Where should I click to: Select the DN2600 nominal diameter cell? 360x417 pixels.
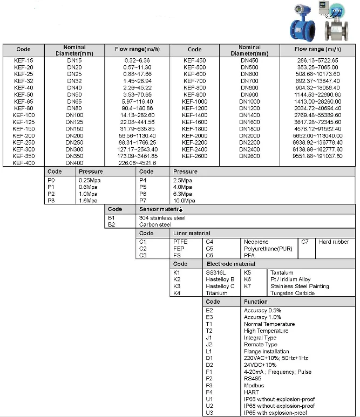(x=249, y=156)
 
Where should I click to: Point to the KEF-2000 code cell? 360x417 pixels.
(x=194, y=135)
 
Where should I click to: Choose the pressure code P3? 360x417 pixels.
(x=51, y=200)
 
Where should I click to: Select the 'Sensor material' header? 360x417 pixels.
(x=160, y=209)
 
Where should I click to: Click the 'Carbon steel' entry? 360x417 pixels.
(x=155, y=224)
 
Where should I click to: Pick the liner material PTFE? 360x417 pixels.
(x=180, y=242)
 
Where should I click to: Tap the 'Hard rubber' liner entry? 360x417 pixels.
(x=334, y=242)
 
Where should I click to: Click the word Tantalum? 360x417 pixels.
(x=282, y=273)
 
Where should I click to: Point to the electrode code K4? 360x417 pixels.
(x=177, y=293)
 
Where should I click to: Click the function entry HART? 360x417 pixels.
(x=251, y=392)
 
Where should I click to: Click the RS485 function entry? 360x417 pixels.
(x=253, y=379)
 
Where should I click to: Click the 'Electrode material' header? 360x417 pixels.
(x=231, y=264)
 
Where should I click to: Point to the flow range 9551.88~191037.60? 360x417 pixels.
(x=317, y=156)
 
